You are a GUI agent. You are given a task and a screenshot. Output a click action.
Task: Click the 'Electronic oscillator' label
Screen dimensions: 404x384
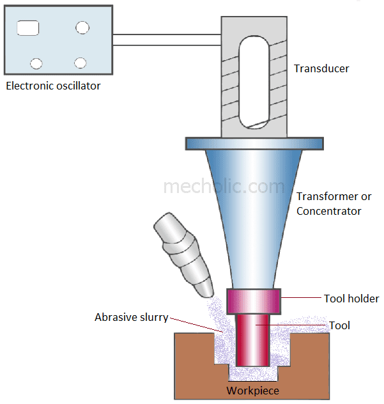[53, 86]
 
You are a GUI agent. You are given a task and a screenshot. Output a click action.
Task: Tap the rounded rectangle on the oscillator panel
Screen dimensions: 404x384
[27, 27]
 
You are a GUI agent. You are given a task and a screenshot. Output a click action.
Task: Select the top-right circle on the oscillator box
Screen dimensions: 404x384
[82, 27]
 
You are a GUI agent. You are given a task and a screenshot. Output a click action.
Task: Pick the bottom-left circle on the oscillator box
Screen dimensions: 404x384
[36, 63]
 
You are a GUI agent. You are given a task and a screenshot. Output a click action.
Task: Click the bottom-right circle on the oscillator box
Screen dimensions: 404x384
[80, 63]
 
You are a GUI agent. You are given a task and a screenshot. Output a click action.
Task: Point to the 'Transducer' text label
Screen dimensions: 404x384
[321, 68]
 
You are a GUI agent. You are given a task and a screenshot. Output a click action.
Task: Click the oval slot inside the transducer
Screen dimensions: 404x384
[252, 82]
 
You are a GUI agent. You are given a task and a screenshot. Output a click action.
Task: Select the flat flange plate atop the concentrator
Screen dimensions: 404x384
[252, 143]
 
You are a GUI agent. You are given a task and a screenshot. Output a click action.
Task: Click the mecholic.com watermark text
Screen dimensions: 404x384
[224, 187]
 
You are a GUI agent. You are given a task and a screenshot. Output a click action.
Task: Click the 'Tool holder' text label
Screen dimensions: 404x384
[351, 299]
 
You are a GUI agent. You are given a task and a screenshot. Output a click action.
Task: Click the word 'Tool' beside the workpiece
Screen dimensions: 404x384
[339, 325]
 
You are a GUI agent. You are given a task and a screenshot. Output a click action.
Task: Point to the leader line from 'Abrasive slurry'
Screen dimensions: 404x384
[195, 323]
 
